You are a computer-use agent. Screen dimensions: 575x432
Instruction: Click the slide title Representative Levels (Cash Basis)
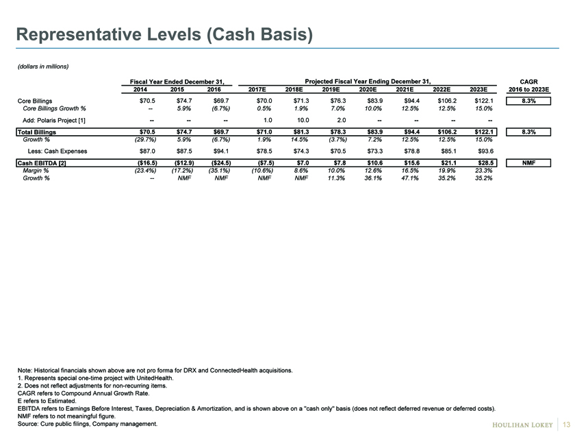coord(165,34)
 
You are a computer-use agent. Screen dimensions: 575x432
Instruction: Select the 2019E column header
coord(331,90)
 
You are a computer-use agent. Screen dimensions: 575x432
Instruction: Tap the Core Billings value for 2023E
coord(484,101)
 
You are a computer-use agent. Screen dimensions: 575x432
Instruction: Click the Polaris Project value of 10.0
coord(303,120)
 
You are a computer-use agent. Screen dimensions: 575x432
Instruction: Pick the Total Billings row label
coord(37,132)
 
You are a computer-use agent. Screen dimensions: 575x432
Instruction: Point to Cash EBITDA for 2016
coord(221,163)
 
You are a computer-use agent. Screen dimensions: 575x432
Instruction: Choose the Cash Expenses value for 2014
coord(147,151)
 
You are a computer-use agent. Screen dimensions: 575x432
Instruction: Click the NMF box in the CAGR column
coord(528,163)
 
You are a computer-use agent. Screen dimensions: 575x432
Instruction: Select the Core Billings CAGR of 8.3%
coord(528,101)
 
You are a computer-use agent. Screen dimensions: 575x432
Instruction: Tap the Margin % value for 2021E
coord(409,171)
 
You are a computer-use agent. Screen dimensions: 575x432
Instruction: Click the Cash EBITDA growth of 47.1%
coord(409,178)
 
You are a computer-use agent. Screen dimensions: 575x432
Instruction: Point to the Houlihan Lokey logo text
coord(522,424)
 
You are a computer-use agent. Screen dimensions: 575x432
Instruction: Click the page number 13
coord(566,424)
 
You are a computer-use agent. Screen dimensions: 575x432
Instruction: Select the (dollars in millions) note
coord(43,67)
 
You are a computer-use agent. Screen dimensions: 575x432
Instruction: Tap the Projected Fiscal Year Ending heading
coord(368,82)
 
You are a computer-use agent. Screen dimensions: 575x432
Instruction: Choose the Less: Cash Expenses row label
coord(57,151)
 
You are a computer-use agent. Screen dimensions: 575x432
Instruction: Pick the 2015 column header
coord(177,90)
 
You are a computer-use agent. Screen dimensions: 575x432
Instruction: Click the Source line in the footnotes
coord(88,424)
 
